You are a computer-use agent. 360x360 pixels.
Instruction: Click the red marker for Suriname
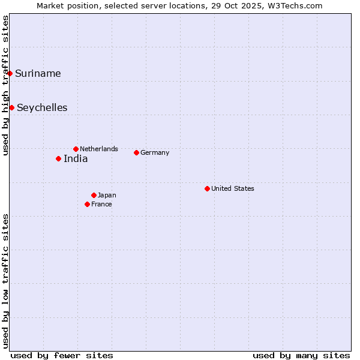tap(10, 74)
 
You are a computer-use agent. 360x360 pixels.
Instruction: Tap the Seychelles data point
tap(12, 108)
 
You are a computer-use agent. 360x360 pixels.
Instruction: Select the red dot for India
tap(58, 159)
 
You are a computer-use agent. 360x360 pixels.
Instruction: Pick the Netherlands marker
tap(76, 149)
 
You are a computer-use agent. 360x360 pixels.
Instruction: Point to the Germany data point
tap(136, 152)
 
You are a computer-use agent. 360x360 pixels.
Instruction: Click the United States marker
tap(207, 188)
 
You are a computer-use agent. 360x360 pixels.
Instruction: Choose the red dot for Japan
tap(94, 195)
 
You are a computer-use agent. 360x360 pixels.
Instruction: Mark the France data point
tap(87, 204)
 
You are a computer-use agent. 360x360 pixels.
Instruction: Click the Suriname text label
tap(38, 74)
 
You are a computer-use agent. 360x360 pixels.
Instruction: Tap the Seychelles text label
tap(42, 108)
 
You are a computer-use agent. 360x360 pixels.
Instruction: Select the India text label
tap(76, 159)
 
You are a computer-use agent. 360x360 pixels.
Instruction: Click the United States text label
tap(233, 188)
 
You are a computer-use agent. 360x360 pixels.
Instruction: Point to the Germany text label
tap(155, 152)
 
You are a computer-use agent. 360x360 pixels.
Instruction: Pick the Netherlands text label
tap(99, 149)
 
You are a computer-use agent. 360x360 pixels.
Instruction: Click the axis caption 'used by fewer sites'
tap(62, 355)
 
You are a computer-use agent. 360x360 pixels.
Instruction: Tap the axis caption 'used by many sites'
tap(301, 355)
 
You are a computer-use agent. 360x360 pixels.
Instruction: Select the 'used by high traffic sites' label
tap(5, 85)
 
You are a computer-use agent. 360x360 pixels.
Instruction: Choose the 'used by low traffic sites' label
tap(5, 280)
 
